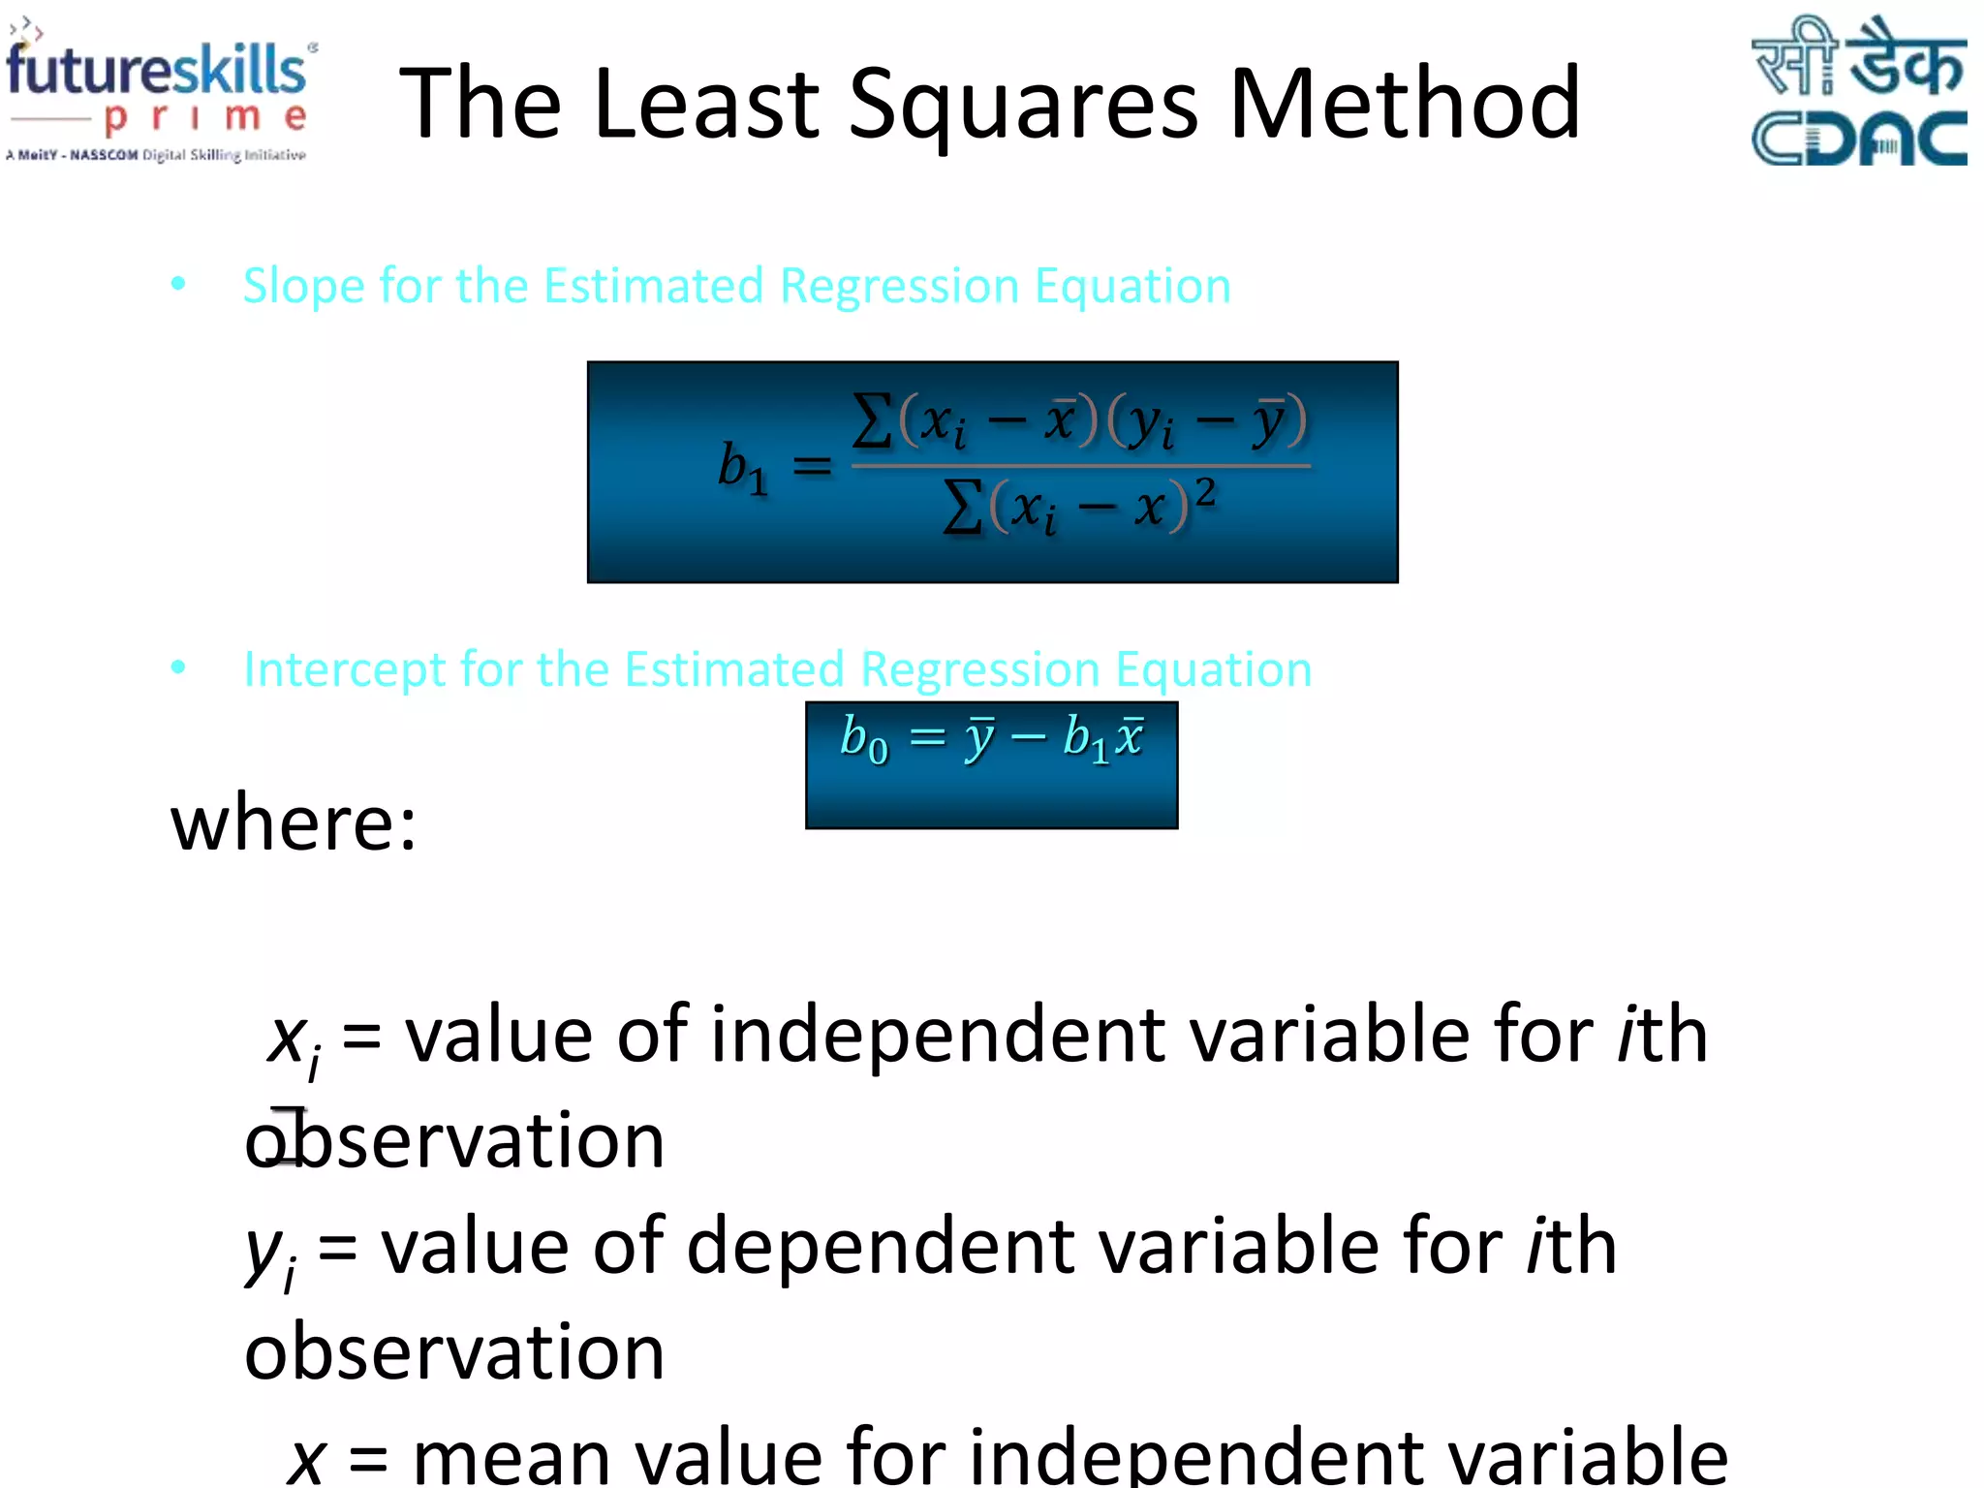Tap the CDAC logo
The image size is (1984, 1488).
1857,92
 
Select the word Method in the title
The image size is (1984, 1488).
1405,103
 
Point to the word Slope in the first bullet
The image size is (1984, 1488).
300,286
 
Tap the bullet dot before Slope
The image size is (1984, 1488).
178,284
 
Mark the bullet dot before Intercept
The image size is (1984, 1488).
178,667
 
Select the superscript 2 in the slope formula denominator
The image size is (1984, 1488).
1204,493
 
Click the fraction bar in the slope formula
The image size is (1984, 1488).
1080,466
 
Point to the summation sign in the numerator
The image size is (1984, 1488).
872,422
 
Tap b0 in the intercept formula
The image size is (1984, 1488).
863,739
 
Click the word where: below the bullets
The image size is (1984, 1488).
294,823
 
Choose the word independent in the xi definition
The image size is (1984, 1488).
938,1036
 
